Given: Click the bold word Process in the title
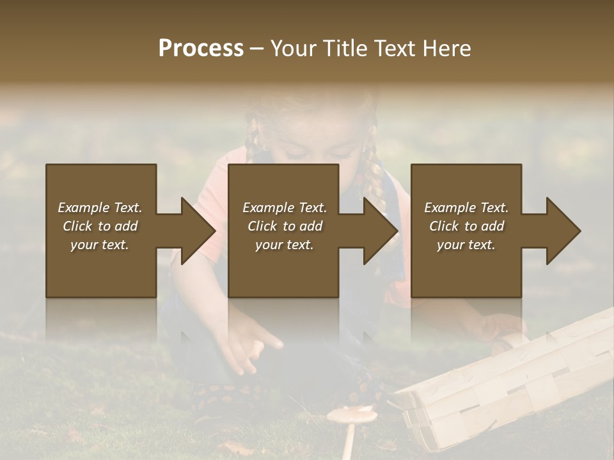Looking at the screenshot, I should click(x=201, y=48).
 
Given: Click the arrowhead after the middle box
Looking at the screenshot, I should click(x=380, y=231).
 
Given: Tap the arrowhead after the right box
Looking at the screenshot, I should click(x=563, y=231).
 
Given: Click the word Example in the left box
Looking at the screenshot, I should click(x=83, y=208).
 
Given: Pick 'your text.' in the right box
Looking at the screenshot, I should click(x=466, y=245).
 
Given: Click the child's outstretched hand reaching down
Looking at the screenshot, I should click(x=253, y=348).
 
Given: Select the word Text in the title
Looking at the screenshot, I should click(x=393, y=48).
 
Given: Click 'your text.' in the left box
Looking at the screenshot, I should click(x=100, y=245).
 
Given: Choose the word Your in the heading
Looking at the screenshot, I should click(x=294, y=48).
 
